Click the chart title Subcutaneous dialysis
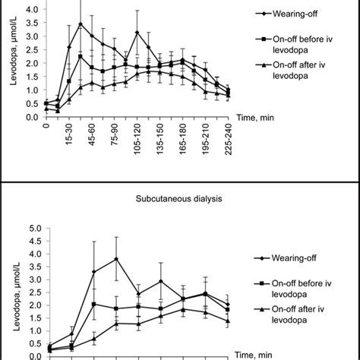tap(180, 203)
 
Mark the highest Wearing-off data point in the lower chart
tap(115, 259)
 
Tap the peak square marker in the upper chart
tap(81, 56)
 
